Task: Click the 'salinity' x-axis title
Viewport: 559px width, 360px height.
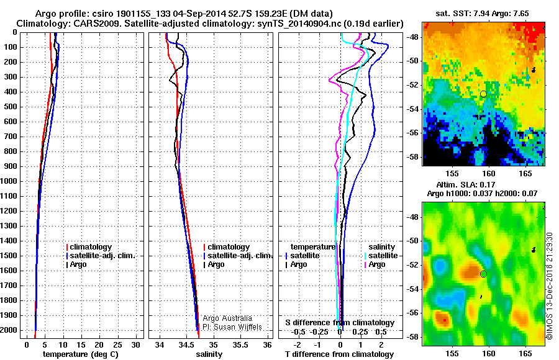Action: point(209,354)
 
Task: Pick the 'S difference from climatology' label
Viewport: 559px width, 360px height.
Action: point(339,323)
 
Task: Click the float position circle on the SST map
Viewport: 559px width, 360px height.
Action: point(483,94)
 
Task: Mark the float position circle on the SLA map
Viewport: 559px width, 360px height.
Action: point(483,274)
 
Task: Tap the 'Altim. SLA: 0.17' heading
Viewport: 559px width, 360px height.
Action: point(484,184)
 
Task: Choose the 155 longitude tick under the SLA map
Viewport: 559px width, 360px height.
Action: point(452,353)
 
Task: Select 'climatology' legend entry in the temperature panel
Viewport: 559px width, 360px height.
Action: point(93,247)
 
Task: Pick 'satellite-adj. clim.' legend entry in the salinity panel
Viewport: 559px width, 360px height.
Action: point(239,256)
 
